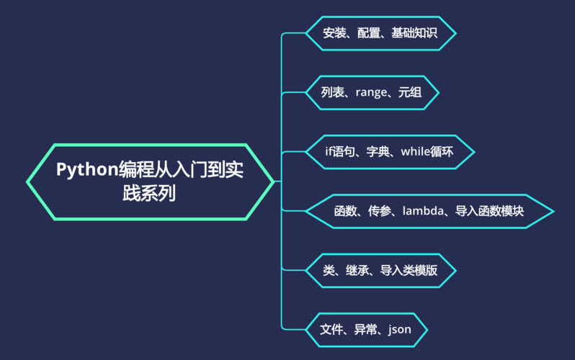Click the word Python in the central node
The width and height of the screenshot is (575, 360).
(86, 171)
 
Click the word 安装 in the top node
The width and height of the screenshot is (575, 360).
(334, 33)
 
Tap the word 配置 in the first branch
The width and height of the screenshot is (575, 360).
(368, 33)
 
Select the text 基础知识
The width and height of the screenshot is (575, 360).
(414, 33)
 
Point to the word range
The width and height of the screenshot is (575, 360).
(372, 93)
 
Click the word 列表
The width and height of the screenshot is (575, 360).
(334, 93)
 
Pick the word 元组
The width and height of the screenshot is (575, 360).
(409, 93)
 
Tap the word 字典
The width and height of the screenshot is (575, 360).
(378, 151)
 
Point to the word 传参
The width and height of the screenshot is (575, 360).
(379, 211)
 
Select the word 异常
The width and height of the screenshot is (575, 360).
(365, 330)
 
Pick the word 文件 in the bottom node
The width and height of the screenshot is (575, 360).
(331, 330)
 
